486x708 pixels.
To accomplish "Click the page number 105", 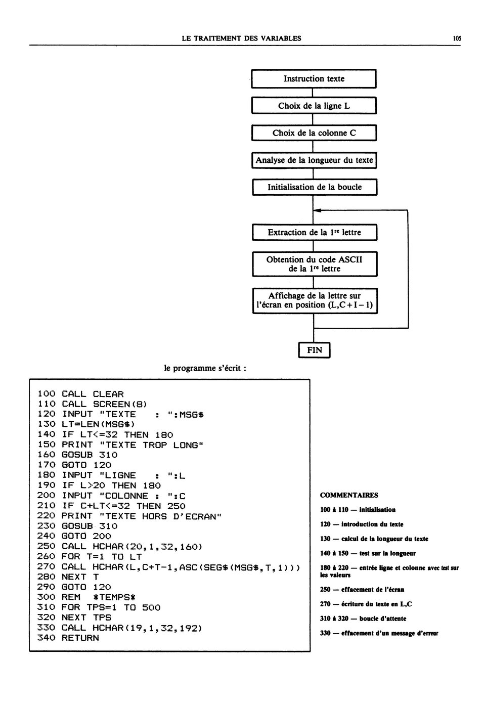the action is click(x=457, y=38).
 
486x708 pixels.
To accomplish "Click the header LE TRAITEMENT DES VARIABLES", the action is click(x=241, y=38).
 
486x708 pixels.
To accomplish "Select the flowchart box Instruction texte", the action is click(x=314, y=79).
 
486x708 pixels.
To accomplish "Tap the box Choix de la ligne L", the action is click(x=314, y=106).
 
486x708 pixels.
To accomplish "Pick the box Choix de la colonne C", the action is click(x=314, y=132).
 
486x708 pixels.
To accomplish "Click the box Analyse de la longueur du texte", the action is click(x=315, y=160).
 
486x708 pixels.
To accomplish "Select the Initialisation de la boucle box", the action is click(x=315, y=187).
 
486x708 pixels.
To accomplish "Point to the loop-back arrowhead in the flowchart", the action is click(x=317, y=210).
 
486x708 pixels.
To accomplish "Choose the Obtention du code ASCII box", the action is click(x=315, y=264).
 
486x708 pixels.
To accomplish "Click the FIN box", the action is click(x=315, y=350).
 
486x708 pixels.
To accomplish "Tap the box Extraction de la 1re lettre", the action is click(x=315, y=233).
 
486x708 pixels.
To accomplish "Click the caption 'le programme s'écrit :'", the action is click(x=205, y=368).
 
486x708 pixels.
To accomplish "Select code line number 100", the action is click(x=46, y=394).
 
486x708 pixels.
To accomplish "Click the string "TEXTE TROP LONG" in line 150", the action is click(x=151, y=445).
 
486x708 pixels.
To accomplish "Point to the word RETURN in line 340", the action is click(x=80, y=638).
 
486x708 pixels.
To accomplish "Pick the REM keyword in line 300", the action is click(x=71, y=597).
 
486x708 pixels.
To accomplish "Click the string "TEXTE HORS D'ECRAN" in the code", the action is click(x=160, y=516).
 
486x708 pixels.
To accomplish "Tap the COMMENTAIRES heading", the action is click(x=349, y=495).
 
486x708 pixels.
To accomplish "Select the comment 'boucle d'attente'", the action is click(x=383, y=618).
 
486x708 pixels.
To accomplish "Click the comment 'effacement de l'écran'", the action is click(x=373, y=590).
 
